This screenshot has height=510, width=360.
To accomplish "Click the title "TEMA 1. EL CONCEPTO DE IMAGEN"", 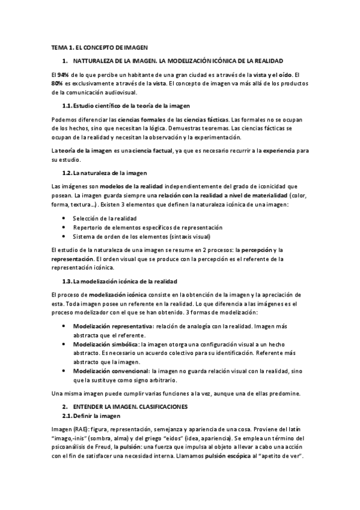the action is (99, 47).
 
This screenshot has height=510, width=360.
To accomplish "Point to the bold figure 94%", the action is (63, 73).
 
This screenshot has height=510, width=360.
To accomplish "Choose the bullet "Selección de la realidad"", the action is (105, 217).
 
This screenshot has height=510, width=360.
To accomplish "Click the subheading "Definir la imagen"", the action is (97, 416).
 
